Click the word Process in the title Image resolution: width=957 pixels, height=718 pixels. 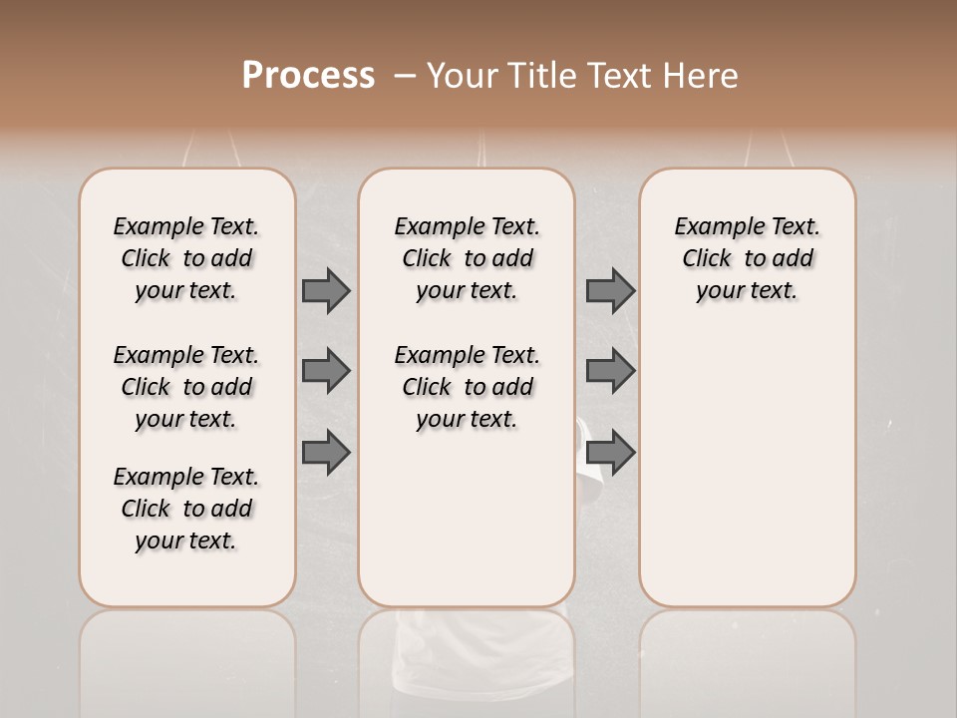[x=308, y=76]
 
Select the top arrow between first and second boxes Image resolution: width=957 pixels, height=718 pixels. [x=326, y=290]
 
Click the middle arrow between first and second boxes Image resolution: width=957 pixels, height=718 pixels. [x=326, y=371]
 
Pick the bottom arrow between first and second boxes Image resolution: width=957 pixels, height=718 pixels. [x=326, y=452]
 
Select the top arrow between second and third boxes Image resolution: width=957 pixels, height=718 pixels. [x=610, y=290]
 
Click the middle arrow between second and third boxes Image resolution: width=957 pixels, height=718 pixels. [x=610, y=371]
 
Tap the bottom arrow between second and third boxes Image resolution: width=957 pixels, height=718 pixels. [x=610, y=452]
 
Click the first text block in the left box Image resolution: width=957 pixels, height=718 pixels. [x=186, y=258]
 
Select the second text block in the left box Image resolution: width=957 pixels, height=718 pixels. [x=186, y=387]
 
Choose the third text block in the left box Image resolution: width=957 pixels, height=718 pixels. [x=186, y=509]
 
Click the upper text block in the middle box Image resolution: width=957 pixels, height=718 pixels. [x=467, y=258]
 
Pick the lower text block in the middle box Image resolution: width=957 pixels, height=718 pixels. [x=467, y=387]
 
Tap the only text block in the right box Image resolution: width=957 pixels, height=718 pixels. [x=747, y=258]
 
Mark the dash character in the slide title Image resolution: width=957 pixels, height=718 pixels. [x=404, y=76]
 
